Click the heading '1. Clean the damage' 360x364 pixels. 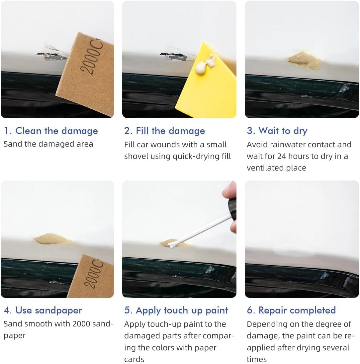click(x=51, y=131)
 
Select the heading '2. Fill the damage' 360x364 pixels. click(x=165, y=131)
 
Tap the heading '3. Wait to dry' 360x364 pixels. click(x=277, y=131)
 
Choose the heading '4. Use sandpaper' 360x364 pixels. click(x=43, y=310)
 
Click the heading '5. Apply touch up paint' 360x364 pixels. click(x=176, y=310)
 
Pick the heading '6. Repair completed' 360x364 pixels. click(x=291, y=310)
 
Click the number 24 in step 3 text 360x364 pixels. click(x=282, y=156)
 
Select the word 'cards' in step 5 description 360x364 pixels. click(x=134, y=359)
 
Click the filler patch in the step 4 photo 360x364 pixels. click(x=52, y=239)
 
